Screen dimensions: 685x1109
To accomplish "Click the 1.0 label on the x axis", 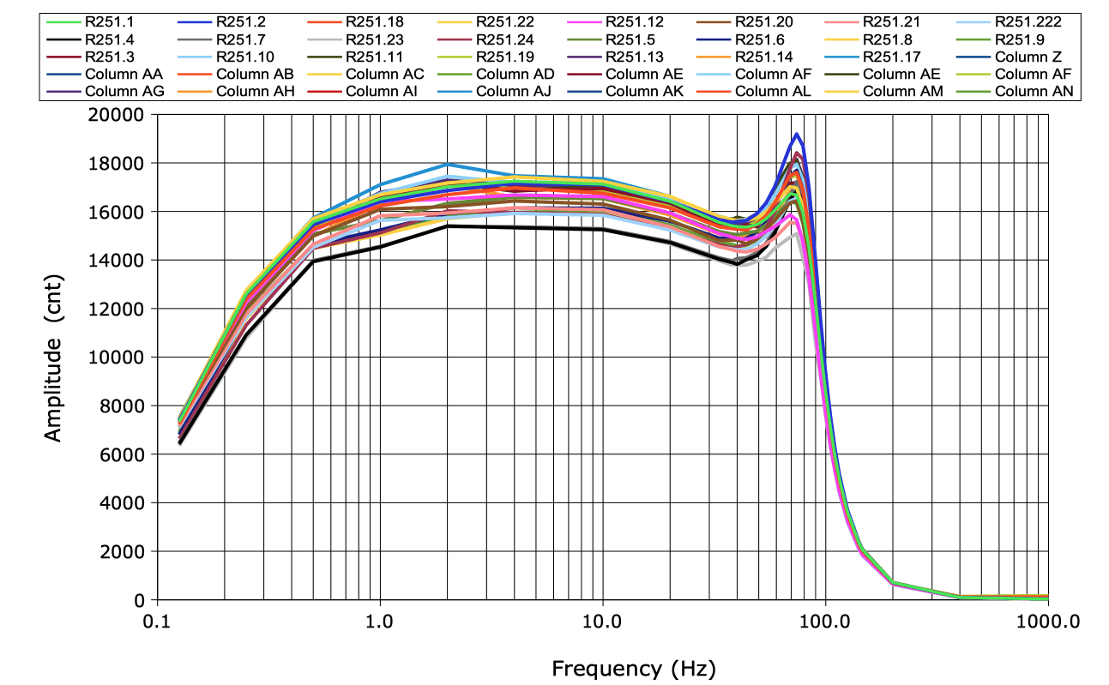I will [380, 620].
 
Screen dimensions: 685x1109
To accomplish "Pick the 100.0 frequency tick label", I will [825, 620].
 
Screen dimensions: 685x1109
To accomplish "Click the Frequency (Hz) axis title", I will [633, 667].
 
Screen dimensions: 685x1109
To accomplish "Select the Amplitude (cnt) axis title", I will [54, 358].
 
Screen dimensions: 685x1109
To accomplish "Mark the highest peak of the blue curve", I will [797, 134].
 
